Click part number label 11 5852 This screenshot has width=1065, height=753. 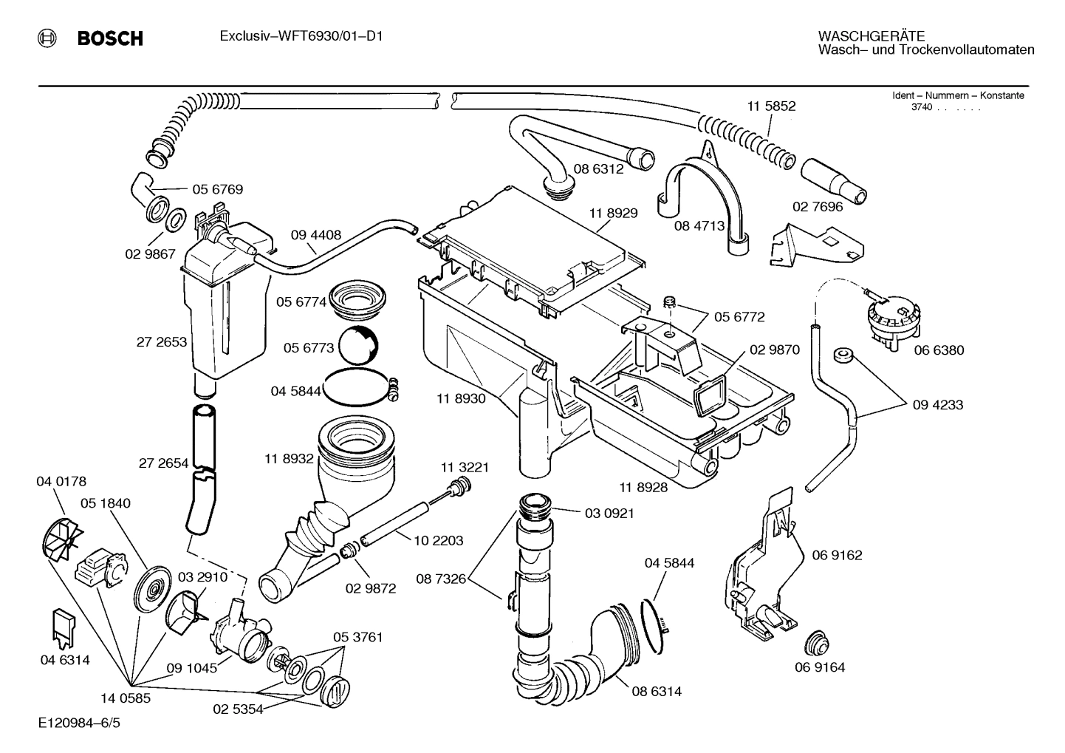coord(771,106)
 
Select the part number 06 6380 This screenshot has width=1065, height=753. coord(939,350)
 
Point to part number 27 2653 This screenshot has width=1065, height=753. coord(161,342)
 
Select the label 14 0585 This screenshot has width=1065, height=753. coord(126,698)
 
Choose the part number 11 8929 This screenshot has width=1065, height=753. coord(613,213)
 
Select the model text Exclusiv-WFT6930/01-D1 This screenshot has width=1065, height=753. coord(301,36)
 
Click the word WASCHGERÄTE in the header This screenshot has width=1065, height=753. coord(871,35)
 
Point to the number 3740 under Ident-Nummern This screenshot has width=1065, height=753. coord(921,107)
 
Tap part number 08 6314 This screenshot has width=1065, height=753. coord(656,692)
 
